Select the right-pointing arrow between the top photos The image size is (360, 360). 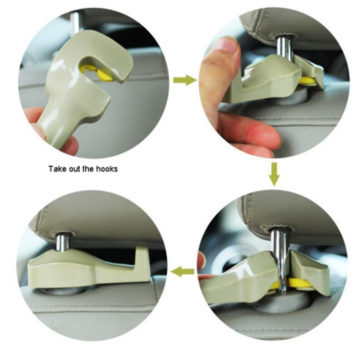click(184, 80)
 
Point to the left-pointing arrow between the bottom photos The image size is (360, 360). click(183, 272)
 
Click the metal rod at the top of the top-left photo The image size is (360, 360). click(74, 22)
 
